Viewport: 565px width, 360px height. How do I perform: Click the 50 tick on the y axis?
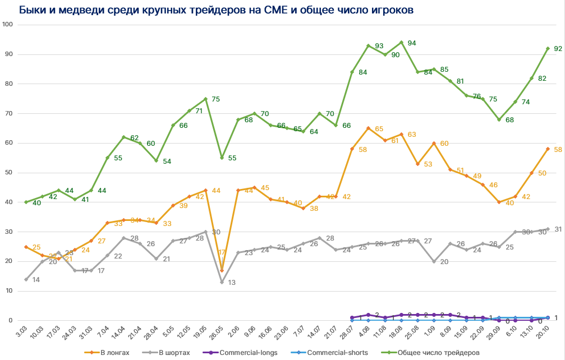tap(10, 173)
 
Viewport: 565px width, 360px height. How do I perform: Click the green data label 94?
tap(411, 43)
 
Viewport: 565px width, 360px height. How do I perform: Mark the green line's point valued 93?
tap(368, 45)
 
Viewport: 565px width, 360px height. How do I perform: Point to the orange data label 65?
tap(379, 129)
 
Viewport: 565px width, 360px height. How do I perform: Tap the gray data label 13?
tap(232, 283)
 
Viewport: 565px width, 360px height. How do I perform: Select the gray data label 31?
tap(559, 229)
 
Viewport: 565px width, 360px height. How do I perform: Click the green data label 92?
tap(558, 49)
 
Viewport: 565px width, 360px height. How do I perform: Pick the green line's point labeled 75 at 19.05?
tap(205, 99)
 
